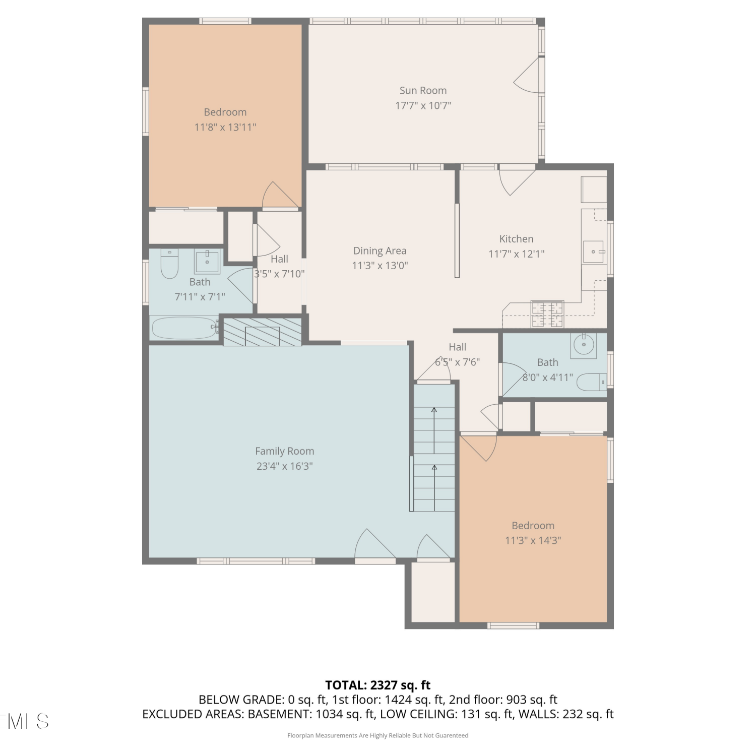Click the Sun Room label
coord(423,91)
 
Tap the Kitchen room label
coord(516,239)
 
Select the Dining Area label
coord(380,251)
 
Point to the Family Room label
coord(284,451)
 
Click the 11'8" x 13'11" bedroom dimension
coord(225,127)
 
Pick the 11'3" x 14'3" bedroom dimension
coord(533,540)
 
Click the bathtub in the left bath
coord(184,328)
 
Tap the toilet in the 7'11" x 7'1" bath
coord(169,264)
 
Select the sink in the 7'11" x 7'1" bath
coord(207,261)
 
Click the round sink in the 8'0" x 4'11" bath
coord(584,344)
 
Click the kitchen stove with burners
coord(547,313)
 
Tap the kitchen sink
coord(594,251)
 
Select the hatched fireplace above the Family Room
coord(262,332)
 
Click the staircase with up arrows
coord(434,448)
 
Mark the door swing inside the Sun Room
coord(527,76)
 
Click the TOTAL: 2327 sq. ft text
coord(378,685)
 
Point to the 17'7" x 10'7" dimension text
coord(423,105)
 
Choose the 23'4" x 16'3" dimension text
coord(284,466)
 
